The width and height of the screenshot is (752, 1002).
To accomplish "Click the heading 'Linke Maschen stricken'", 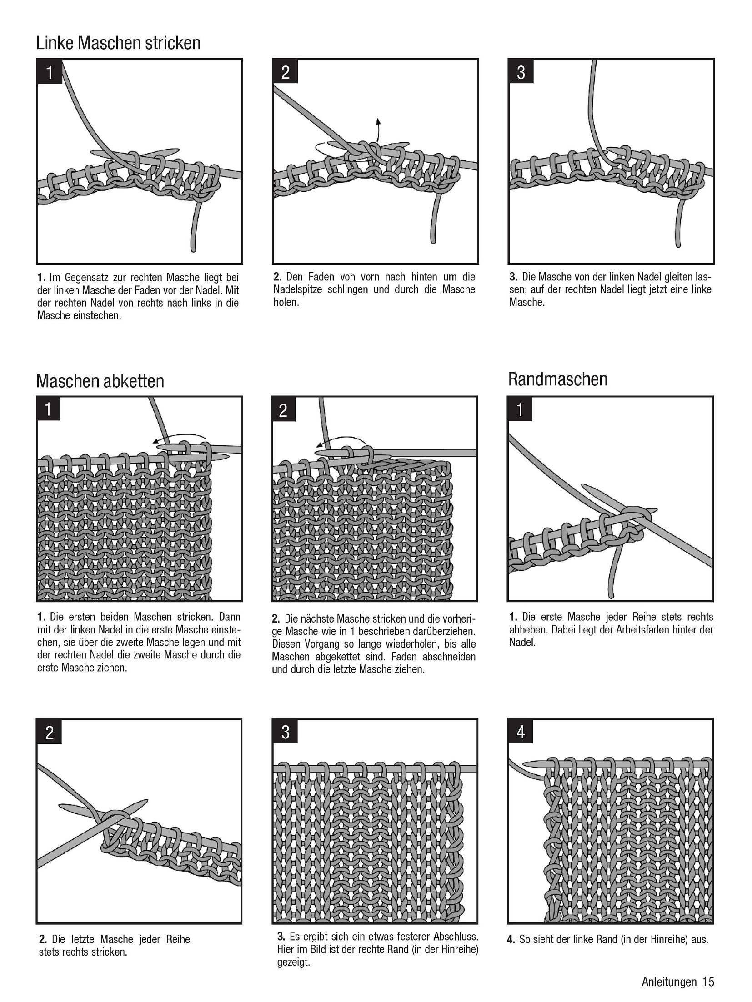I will point(118,43).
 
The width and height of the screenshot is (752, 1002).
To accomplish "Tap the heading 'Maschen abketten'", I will point(100,381).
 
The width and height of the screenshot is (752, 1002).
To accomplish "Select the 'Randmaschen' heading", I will point(557,379).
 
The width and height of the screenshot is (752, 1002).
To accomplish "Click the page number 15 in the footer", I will point(708,982).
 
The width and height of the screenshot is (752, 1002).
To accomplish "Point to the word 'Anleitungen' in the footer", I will point(669,982).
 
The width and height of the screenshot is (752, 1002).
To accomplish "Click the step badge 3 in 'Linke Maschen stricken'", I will point(521,72).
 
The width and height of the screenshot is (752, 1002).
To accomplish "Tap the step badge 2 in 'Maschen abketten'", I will point(283,410).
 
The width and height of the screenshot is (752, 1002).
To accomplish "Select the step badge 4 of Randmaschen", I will point(521,732).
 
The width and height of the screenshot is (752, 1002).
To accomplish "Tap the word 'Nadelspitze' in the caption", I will point(297,289).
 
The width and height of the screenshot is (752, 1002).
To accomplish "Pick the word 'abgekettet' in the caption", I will point(338,656).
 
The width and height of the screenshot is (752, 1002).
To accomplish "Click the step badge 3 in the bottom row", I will point(285,732).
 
